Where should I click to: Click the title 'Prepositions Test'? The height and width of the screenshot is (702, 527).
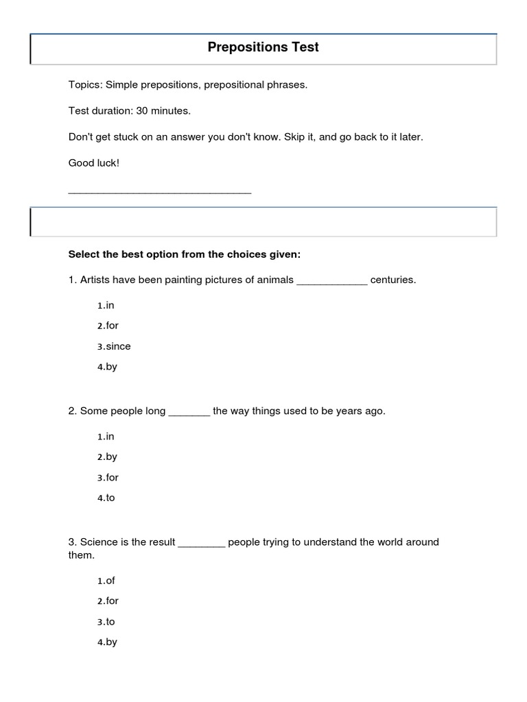pos(263,48)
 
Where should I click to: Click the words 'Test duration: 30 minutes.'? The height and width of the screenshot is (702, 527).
pos(130,110)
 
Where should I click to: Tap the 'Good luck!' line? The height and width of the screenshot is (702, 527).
pos(94,162)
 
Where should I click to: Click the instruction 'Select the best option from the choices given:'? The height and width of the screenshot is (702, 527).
pos(185,254)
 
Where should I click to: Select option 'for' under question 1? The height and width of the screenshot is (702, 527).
pos(108,326)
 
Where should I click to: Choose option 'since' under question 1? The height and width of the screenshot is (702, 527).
pos(114,346)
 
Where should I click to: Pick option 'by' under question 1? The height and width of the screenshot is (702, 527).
pos(108,367)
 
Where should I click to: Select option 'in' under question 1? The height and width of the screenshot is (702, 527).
pos(106,305)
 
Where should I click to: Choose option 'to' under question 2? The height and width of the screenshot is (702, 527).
pos(106,498)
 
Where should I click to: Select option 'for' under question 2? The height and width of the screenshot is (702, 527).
pos(108,477)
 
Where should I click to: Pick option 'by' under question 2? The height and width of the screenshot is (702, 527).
pos(108,457)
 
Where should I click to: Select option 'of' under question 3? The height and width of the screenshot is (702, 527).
pos(106,581)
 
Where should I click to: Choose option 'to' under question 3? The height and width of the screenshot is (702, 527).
pos(106,622)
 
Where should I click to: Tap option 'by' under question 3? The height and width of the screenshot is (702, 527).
pos(108,642)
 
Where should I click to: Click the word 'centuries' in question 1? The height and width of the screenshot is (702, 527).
pos(393,280)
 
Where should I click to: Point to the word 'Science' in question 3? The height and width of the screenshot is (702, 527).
pos(99,542)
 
